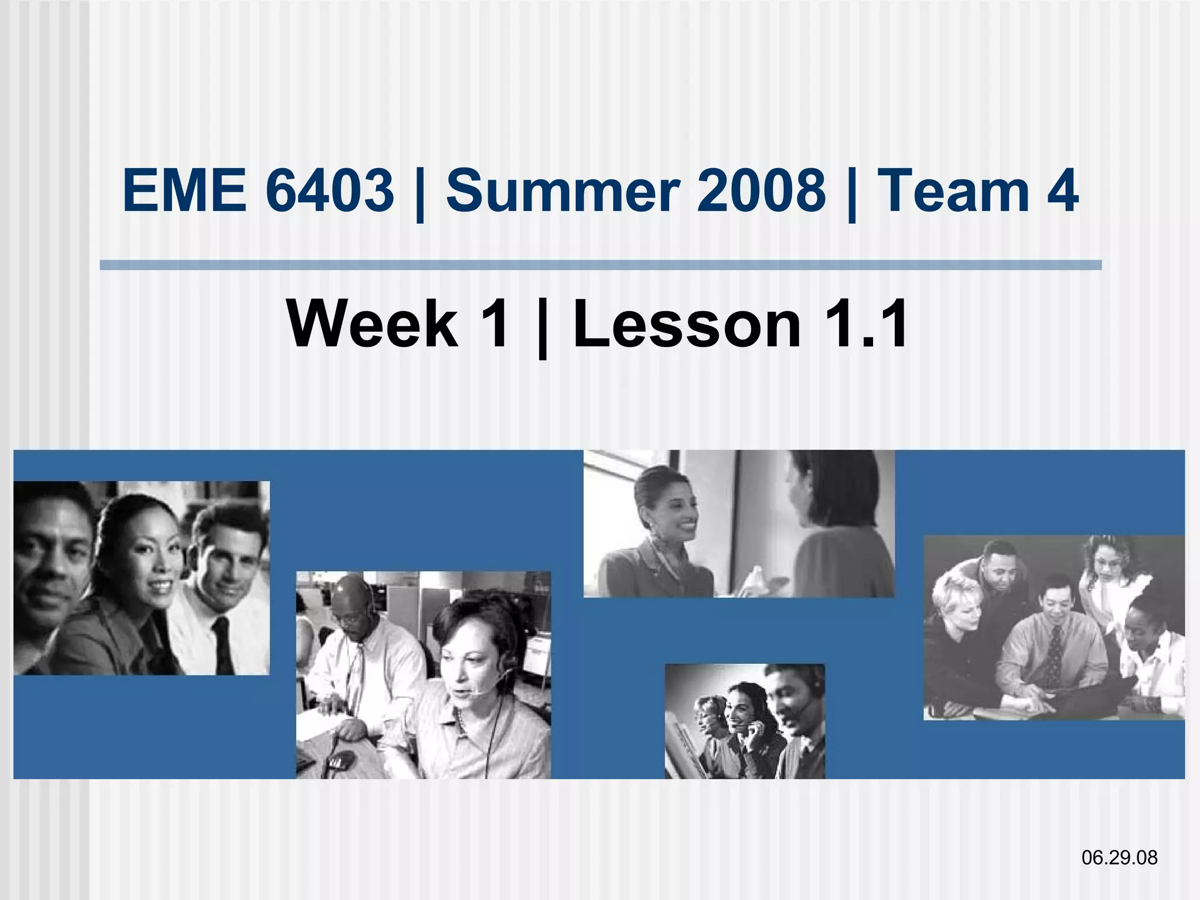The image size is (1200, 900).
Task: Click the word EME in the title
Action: pos(184,190)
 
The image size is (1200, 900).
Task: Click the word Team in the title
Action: pos(953,190)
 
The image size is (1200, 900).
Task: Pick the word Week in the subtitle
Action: pos(373,323)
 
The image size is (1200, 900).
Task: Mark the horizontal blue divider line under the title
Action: pos(600,265)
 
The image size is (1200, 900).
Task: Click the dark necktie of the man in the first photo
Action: pos(223,645)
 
